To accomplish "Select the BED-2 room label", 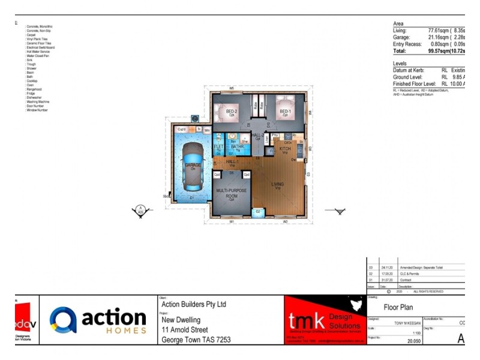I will [x=232, y=112].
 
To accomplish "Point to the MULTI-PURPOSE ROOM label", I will [x=231, y=193].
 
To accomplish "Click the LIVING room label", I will [x=278, y=184].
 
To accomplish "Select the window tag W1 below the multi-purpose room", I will [x=231, y=222].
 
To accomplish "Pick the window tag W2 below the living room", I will [x=286, y=222].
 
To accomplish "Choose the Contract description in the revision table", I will [x=405, y=280].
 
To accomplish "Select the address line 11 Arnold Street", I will [x=185, y=329].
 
